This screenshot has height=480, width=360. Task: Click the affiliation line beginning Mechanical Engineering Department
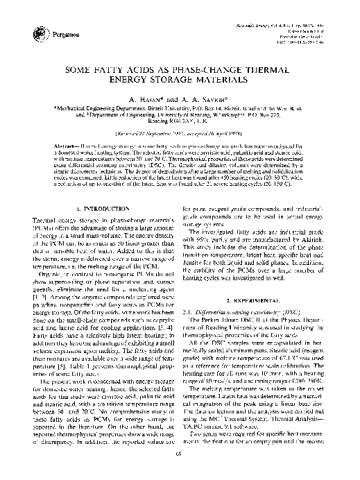[x=180, y=112]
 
